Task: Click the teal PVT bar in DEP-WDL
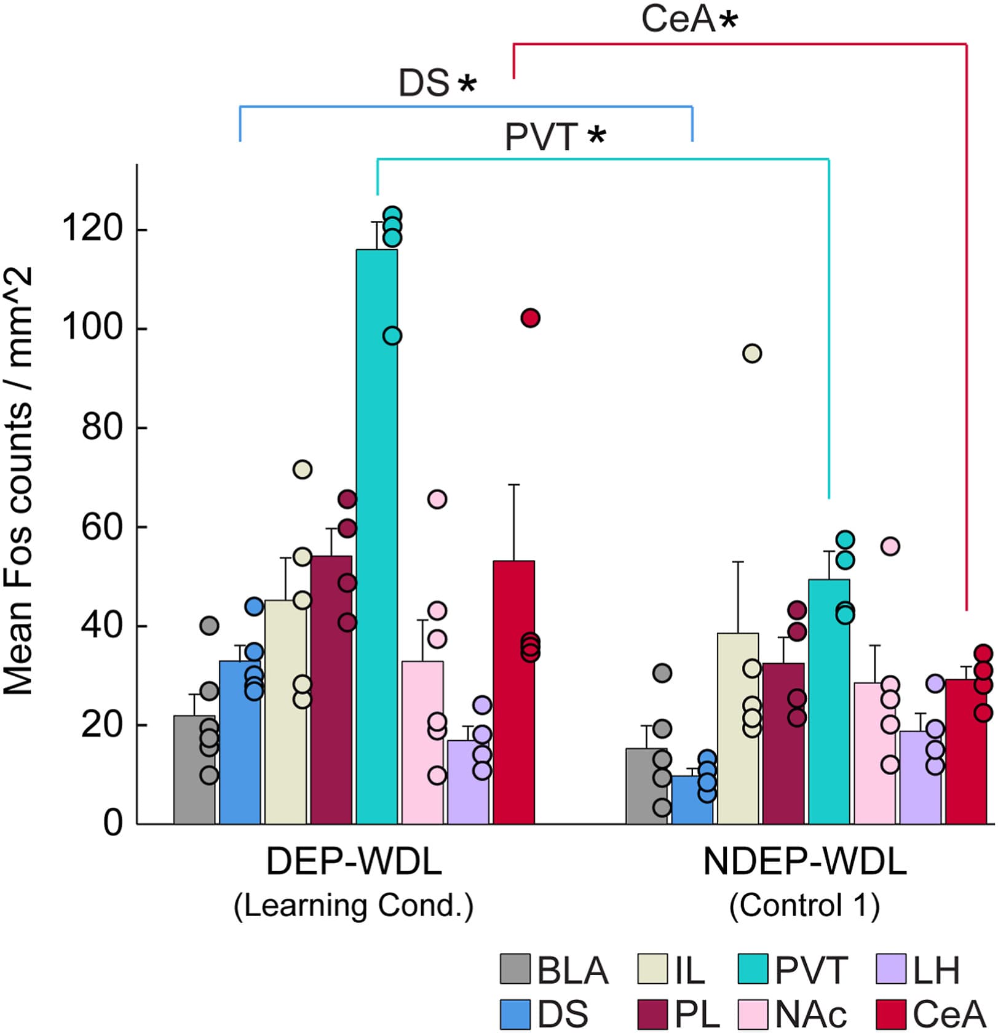coord(376,535)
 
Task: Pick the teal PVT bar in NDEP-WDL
coord(829,701)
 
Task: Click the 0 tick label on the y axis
coord(113,823)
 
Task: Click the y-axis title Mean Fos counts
coord(18,480)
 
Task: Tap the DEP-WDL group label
coord(354,862)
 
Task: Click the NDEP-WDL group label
coord(804,862)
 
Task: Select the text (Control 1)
coord(804,905)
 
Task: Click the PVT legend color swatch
coord(753,969)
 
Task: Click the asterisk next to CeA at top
coord(729,21)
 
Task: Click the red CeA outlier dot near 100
coord(530,318)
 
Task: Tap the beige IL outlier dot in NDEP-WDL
coord(752,354)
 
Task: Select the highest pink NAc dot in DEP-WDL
coord(437,500)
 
